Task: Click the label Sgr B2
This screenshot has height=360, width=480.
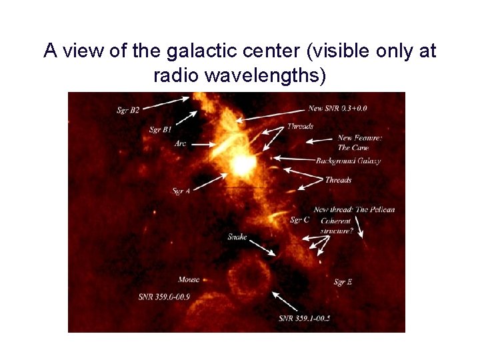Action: click(128, 110)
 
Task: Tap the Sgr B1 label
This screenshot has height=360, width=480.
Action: click(160, 129)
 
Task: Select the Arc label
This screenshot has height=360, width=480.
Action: click(180, 143)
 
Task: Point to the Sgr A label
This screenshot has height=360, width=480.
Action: click(181, 191)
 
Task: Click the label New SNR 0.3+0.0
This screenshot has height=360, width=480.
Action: click(337, 108)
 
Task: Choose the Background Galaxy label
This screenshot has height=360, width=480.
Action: click(348, 161)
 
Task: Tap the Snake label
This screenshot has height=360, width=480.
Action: click(237, 237)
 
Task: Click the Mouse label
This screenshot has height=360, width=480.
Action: click(189, 279)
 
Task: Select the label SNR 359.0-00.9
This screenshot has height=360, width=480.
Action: click(164, 296)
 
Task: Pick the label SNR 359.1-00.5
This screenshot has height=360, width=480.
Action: click(305, 318)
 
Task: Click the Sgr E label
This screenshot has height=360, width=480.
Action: click(343, 283)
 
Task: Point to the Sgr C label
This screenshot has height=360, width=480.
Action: click(299, 220)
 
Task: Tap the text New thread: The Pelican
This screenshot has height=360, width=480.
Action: click(354, 209)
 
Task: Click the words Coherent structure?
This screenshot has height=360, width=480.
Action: click(336, 225)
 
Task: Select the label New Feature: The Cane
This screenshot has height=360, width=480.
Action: click(359, 143)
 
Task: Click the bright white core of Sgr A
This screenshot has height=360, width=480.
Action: click(241, 163)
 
